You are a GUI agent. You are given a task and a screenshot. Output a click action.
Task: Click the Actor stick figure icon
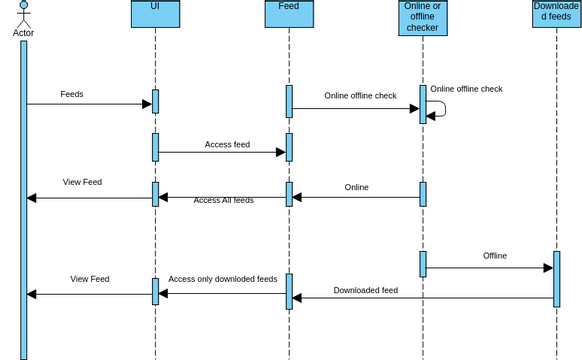click(23, 13)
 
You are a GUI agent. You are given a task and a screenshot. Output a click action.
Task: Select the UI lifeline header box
click(155, 13)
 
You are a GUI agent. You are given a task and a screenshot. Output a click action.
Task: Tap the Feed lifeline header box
click(289, 13)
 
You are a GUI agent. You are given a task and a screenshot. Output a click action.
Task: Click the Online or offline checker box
click(423, 17)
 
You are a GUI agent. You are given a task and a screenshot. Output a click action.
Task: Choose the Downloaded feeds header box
click(556, 13)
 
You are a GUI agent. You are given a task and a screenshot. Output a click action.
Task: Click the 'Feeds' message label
click(72, 94)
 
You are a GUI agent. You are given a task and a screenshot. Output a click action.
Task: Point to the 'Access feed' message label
click(227, 144)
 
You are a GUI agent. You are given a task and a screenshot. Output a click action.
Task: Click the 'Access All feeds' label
click(223, 200)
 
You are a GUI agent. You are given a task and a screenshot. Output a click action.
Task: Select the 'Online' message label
click(356, 187)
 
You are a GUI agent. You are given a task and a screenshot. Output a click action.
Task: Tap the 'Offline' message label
click(495, 256)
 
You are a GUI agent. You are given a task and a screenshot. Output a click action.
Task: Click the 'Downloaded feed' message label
click(366, 290)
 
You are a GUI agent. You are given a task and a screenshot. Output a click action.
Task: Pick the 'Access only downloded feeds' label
click(223, 279)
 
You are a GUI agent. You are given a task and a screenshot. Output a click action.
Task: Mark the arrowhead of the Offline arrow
click(548, 268)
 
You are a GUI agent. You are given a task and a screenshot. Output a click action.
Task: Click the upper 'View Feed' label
click(82, 182)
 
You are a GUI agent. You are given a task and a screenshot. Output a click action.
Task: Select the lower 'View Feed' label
click(90, 279)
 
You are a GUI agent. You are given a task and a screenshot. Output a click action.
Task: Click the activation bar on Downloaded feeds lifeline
click(556, 279)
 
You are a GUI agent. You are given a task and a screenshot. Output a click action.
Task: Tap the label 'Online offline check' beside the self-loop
click(466, 89)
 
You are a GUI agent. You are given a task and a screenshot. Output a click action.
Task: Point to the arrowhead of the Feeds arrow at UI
click(146, 104)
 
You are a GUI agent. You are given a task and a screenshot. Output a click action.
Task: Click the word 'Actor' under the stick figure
click(23, 33)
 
